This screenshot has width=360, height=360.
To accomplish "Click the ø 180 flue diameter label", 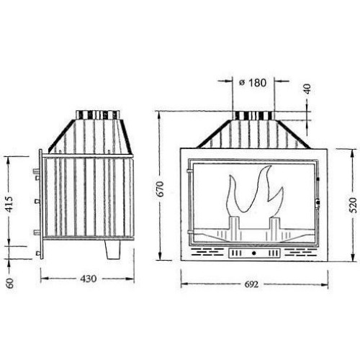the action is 253,83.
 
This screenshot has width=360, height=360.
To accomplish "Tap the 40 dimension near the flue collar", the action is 307,89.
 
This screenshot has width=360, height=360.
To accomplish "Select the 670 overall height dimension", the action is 161,189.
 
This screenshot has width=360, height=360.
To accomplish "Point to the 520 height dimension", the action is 354,205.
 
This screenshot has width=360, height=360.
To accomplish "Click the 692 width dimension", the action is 252,284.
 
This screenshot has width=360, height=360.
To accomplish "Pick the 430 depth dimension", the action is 89,279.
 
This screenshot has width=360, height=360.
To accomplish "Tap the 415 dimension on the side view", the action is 9,204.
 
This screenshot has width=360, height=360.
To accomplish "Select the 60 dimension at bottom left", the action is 10,283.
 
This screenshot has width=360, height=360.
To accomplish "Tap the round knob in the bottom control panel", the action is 253,253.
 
